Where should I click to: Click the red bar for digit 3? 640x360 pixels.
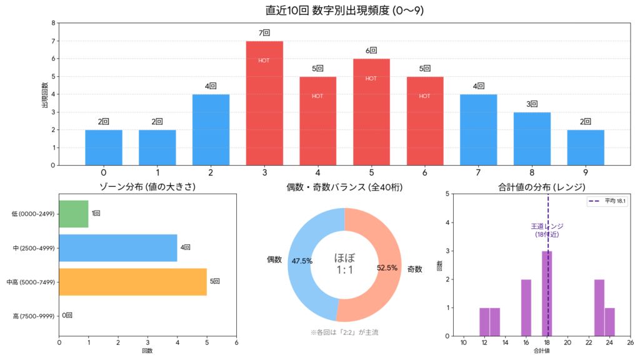coord(264,103)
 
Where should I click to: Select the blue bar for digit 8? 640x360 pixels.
coord(532,139)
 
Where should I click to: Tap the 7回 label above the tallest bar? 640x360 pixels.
coord(264,32)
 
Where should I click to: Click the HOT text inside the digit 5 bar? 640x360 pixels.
coord(371,78)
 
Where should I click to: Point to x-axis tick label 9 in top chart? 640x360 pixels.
coord(586,172)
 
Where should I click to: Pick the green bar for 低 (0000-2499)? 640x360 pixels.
coord(74,213)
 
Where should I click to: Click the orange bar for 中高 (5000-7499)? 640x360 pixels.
coord(132,282)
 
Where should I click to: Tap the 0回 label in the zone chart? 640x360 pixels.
coord(67,316)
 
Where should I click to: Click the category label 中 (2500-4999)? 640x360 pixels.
coord(34,248)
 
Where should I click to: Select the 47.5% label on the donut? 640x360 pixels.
coord(302,261)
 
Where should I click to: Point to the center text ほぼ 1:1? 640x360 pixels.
coord(344,264)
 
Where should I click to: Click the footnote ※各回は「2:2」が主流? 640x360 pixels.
coord(344,332)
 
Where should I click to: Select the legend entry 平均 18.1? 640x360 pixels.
coord(606,201)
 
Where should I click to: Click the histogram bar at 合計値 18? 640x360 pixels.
coord(547,293)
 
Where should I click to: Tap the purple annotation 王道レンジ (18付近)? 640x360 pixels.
coord(546,230)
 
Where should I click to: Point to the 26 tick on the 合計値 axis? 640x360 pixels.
coord(630,342)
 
